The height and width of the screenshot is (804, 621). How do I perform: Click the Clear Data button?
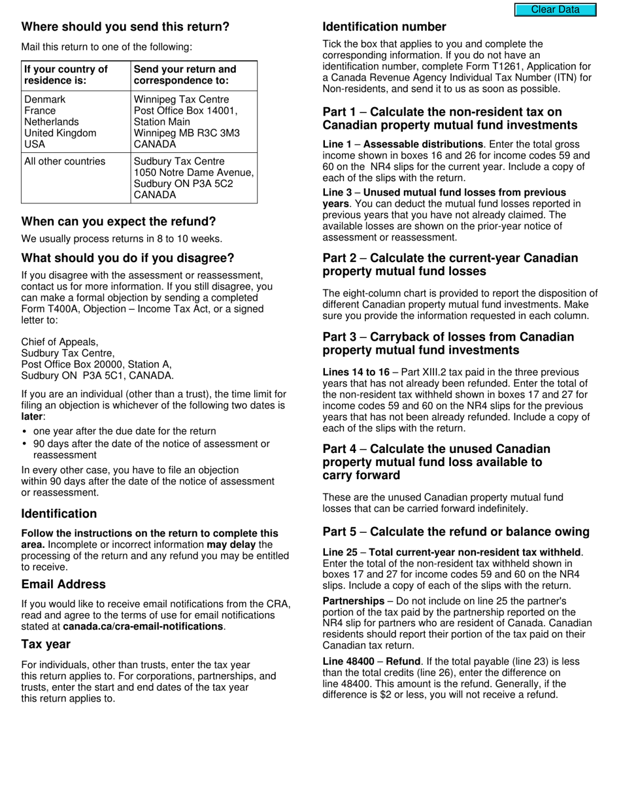555,9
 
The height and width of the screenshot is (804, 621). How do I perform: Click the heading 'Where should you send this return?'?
126,27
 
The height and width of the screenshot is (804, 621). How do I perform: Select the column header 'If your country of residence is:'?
66,75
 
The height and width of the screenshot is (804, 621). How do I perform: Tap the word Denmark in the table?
45,99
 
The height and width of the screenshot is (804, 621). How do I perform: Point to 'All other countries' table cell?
65,161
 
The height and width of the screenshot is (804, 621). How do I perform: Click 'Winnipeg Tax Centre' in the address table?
181,99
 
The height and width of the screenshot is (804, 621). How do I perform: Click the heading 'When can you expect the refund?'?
118,222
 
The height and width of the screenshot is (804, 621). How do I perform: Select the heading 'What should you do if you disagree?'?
127,258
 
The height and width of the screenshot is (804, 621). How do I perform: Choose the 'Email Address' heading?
63,584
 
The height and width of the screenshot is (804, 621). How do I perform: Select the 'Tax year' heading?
46,645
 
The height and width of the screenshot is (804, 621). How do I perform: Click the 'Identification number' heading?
384,27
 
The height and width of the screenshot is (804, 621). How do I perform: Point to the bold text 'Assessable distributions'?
426,144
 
